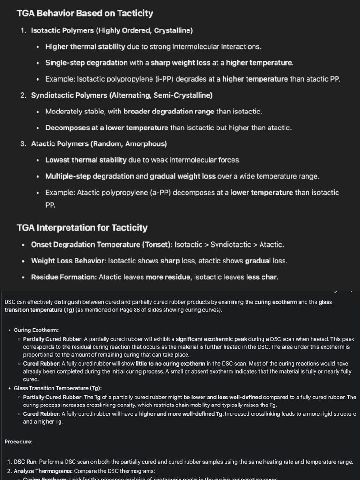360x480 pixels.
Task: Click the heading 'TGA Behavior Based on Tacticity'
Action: (x=85, y=13)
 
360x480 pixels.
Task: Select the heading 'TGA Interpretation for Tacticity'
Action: (x=82, y=227)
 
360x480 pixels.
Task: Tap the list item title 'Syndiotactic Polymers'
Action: (x=69, y=95)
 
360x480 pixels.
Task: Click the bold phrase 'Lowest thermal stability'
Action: (x=86, y=160)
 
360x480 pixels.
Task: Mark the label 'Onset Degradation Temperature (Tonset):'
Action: (x=102, y=245)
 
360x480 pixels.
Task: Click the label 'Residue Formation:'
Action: (x=64, y=277)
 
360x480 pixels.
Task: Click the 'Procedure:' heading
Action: (x=19, y=442)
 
